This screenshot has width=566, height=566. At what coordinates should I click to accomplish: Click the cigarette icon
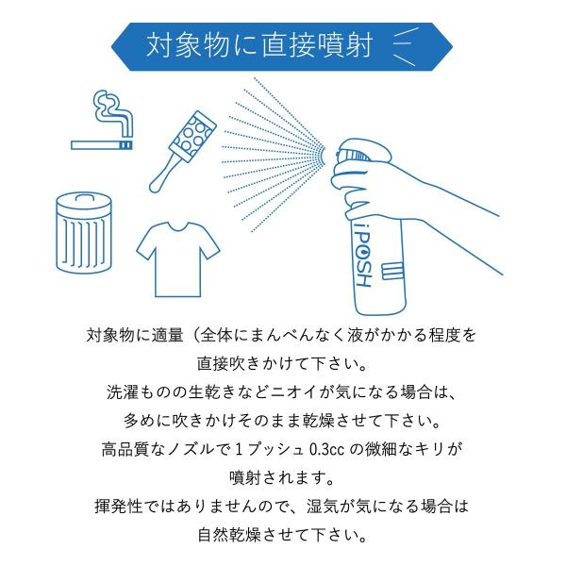click(102, 145)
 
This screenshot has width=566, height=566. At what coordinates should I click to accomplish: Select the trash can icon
click(84, 233)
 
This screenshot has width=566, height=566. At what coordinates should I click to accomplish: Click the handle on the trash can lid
click(84, 197)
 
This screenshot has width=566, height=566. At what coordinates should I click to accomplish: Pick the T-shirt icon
click(178, 259)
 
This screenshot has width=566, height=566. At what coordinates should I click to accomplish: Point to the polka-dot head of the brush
click(192, 133)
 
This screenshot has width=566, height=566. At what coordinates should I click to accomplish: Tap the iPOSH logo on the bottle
click(362, 255)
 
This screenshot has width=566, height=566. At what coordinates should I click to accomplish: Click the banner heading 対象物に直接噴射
click(259, 46)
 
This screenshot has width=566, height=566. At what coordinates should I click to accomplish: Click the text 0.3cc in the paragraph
click(327, 450)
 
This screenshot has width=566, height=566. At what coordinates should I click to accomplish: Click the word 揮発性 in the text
click(119, 506)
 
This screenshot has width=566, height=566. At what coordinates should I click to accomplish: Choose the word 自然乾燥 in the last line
click(229, 535)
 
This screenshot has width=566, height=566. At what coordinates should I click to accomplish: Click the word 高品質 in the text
click(125, 450)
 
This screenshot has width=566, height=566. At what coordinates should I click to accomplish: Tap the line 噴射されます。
click(282, 478)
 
